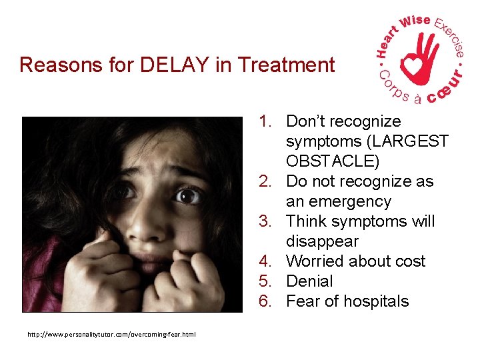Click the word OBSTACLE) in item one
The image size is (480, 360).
[x=333, y=161]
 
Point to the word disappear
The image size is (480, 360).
[x=322, y=241]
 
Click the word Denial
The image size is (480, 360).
[x=309, y=281]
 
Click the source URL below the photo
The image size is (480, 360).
[x=111, y=334]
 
